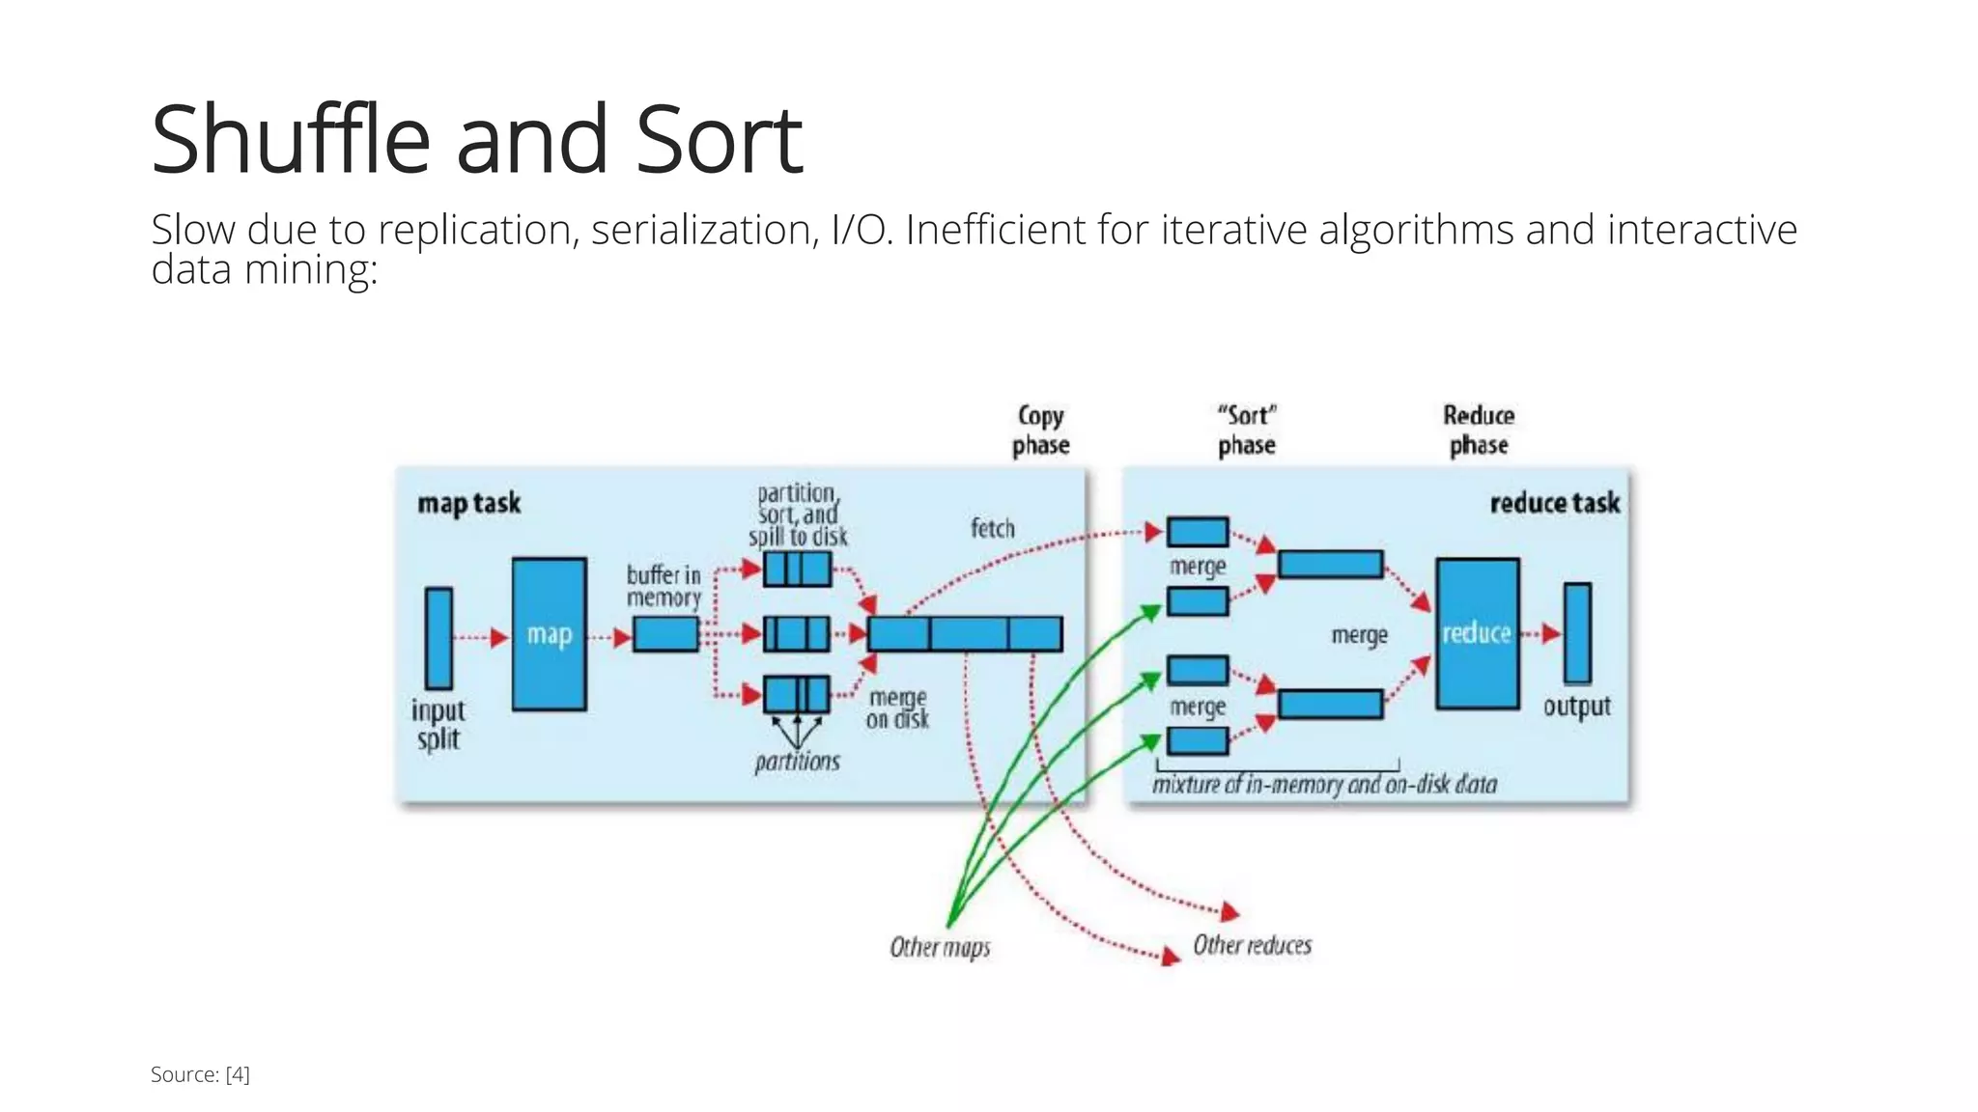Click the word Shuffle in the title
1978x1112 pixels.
pos(290,140)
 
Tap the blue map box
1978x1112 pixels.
pos(549,634)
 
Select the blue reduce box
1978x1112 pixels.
pos(1477,633)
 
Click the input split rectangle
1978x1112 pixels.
pos(438,638)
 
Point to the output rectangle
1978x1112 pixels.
pos(1577,633)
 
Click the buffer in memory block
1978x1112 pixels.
pos(665,634)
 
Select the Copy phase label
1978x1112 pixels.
pos(1040,431)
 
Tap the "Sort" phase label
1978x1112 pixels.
pos(1246,431)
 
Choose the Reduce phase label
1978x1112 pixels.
pos(1478,431)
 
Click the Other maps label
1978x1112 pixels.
pos(940,947)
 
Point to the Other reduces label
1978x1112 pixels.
pos(1252,945)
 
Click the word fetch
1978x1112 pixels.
pos(992,528)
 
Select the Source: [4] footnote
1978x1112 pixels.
pos(200,1074)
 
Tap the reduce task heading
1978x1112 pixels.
pos(1554,503)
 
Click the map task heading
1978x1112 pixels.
pos(468,503)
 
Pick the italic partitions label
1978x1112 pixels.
pos(797,762)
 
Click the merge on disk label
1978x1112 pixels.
pos(897,709)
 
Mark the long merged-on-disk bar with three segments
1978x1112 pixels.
pos(964,634)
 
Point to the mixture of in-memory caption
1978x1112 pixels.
pos(1324,784)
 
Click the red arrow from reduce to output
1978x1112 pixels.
pos(1541,634)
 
